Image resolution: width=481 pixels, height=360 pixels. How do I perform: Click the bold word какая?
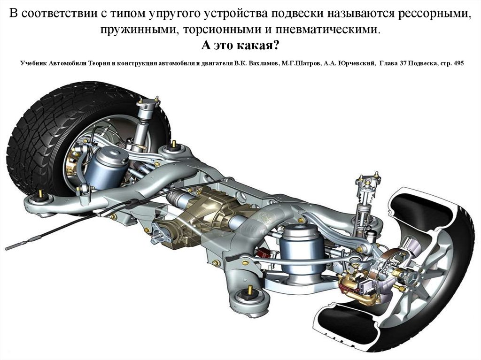[258, 46]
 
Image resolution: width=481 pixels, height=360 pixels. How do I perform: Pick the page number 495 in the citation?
[458, 63]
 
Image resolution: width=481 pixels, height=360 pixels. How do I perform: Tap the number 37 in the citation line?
[403, 63]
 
